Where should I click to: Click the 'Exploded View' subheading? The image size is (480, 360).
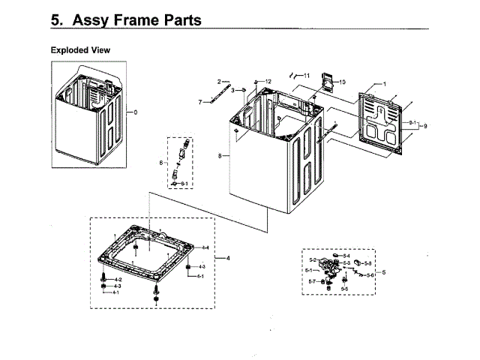click(80, 50)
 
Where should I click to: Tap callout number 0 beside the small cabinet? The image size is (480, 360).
click(136, 112)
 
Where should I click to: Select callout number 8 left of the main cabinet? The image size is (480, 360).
click(219, 156)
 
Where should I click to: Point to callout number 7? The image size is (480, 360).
click(200, 101)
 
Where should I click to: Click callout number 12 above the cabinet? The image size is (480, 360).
click(268, 80)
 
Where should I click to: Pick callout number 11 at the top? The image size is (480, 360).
click(306, 76)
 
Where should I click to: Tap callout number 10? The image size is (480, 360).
click(342, 82)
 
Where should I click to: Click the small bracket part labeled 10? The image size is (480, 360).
click(327, 81)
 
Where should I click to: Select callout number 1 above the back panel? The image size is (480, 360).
click(385, 84)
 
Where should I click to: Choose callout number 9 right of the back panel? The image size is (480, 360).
click(425, 125)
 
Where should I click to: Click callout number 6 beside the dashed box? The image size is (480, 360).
click(160, 163)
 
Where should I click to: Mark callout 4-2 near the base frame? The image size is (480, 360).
click(118, 279)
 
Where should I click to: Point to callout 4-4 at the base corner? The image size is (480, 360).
click(205, 247)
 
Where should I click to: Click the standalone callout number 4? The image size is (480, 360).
click(227, 259)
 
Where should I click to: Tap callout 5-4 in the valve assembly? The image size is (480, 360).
click(346, 256)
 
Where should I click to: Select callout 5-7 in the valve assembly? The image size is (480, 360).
click(312, 281)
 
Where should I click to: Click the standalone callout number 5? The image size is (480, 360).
click(383, 272)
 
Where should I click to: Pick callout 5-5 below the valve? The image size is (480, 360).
click(344, 289)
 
